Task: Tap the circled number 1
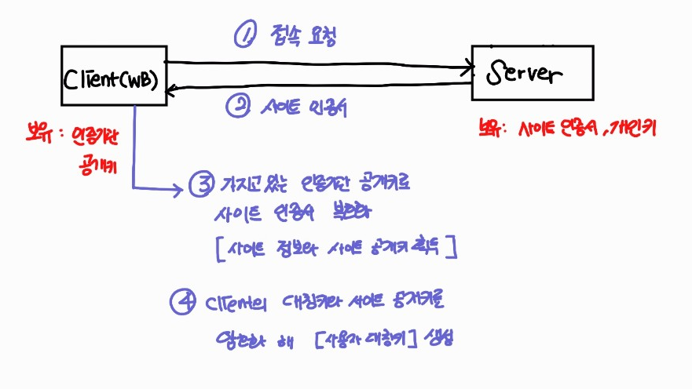click(x=245, y=35)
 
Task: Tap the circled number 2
click(x=236, y=108)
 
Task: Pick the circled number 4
click(x=183, y=302)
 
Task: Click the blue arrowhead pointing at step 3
click(x=179, y=187)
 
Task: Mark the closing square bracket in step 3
click(x=454, y=249)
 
